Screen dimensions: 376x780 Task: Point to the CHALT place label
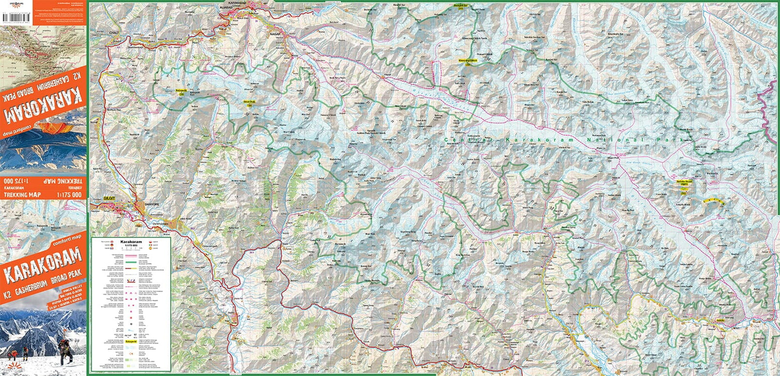114,33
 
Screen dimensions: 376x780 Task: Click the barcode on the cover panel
17,18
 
